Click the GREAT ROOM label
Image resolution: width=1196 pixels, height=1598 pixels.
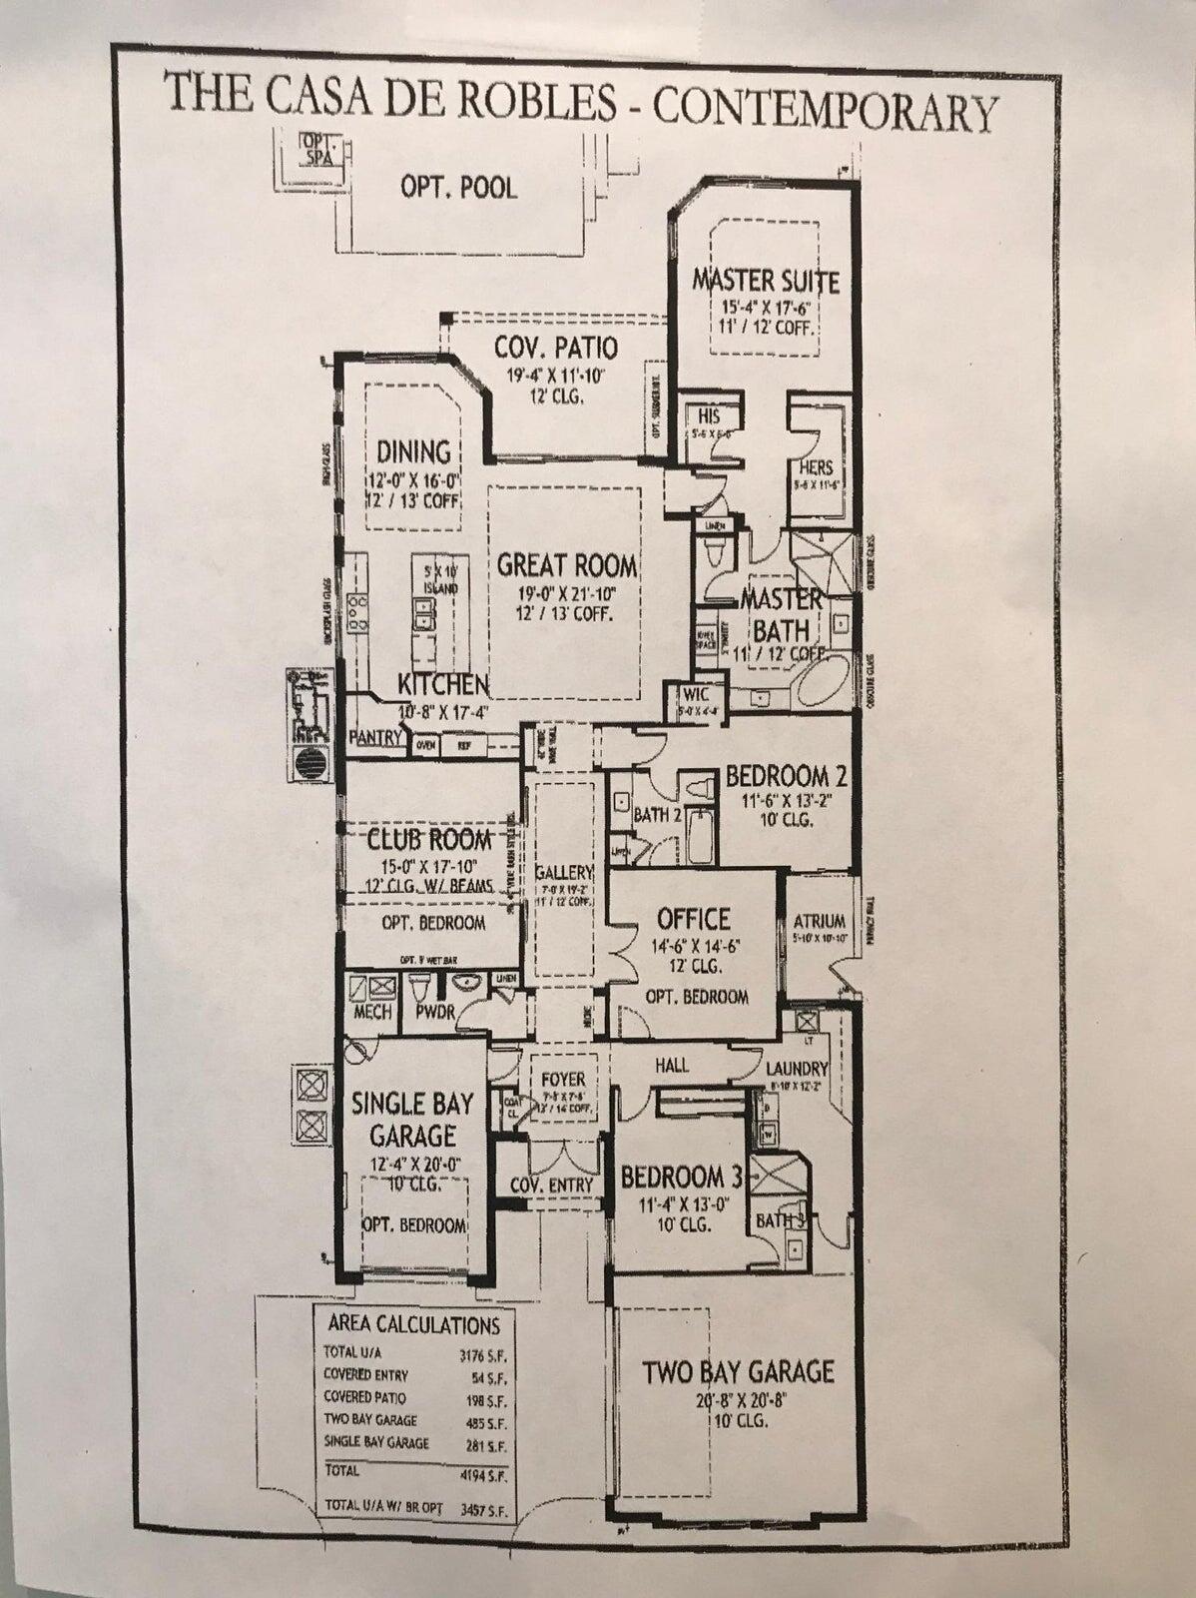(x=566, y=566)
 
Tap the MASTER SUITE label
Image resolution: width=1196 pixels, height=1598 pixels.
(x=766, y=280)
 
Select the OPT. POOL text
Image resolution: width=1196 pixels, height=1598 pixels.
(x=459, y=187)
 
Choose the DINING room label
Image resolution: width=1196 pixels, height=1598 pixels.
(x=413, y=451)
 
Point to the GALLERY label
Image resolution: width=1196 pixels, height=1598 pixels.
(x=564, y=872)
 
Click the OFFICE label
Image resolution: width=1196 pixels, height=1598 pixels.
(x=694, y=918)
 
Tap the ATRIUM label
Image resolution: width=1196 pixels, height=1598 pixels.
(x=820, y=921)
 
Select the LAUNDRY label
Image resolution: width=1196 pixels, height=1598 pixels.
(x=799, y=1067)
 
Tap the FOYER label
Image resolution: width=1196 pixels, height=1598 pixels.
(x=564, y=1081)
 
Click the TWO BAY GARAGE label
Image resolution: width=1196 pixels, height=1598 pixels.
(x=738, y=1372)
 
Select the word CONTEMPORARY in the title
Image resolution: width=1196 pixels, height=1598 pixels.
(x=825, y=110)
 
